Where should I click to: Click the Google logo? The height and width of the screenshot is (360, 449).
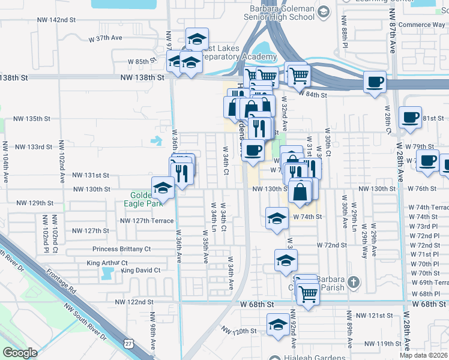pyautogui.click(x=20, y=353)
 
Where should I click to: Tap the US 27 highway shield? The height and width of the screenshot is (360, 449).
pyautogui.click(x=128, y=343)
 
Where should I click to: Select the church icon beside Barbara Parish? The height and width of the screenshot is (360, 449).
pyautogui.click(x=355, y=281)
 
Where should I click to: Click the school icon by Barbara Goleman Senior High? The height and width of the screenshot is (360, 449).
pyautogui.click(x=324, y=11)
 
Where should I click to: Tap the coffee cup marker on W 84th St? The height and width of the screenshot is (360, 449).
pyautogui.click(x=375, y=82)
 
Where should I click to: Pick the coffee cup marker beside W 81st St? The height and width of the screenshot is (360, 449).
pyautogui.click(x=411, y=117)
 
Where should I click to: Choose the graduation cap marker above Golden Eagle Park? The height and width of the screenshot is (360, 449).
pyautogui.click(x=163, y=188)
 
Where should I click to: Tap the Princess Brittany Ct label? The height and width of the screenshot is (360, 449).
pyautogui.click(x=121, y=248)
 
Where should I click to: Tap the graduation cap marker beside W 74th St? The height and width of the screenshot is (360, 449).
pyautogui.click(x=277, y=218)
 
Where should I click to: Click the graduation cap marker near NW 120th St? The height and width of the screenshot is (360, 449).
pyautogui.click(x=277, y=325)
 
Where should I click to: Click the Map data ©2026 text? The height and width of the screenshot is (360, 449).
pyautogui.click(x=423, y=355)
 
